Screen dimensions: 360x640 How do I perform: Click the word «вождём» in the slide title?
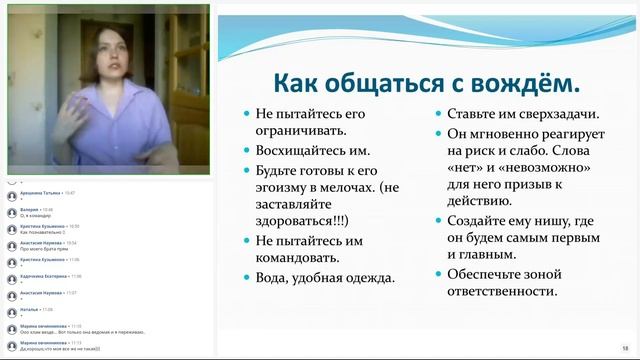coord(523,81)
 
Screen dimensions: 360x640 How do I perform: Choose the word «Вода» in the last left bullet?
coord(276,277)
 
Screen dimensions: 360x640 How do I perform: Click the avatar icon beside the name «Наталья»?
coord(11,313)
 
